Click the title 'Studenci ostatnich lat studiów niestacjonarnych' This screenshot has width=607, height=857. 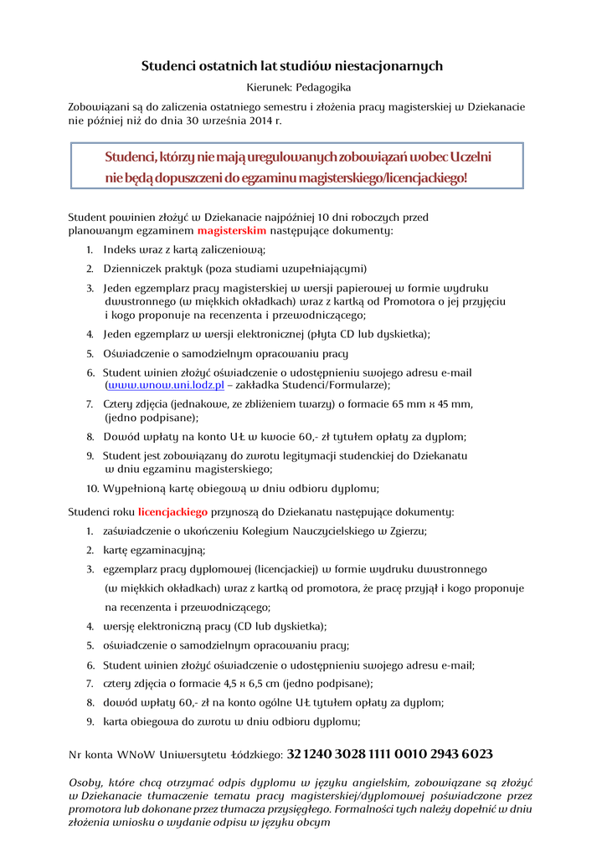coord(291,65)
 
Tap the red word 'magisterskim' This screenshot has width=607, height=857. coord(232,229)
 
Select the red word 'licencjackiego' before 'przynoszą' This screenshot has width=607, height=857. coord(172,511)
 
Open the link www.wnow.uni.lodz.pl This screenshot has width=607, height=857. coord(166,385)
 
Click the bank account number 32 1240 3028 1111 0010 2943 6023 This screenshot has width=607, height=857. coord(389,754)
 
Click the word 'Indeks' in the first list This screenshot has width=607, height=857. coord(121,249)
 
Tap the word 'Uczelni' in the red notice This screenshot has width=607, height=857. coord(471,157)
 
